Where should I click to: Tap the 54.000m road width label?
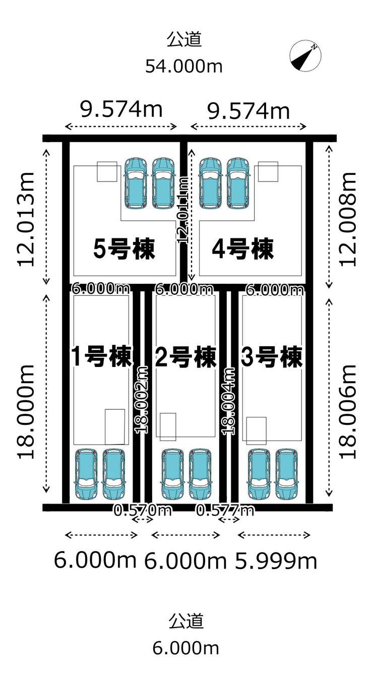tap(184, 66)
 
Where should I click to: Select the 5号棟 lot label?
tap(124, 249)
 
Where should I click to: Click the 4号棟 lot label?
tap(242, 249)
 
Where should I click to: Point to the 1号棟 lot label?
tap(101, 357)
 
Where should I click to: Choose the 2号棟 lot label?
tap(186, 357)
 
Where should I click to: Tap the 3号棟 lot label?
tap(272, 357)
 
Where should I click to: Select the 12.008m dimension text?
tap(348, 218)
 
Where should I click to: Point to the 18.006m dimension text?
tap(348, 411)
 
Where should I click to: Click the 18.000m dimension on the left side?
tap(26, 411)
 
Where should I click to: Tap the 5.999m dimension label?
tap(277, 560)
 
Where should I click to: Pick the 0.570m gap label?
tap(143, 511)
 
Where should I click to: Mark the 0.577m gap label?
tap(225, 511)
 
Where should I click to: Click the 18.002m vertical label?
tap(143, 399)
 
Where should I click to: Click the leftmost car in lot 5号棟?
tap(135, 183)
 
